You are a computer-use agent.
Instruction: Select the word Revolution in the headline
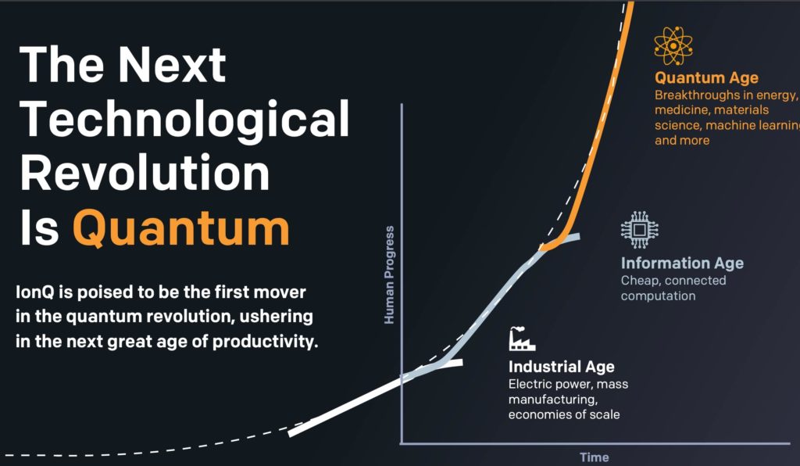pyautogui.click(x=145, y=173)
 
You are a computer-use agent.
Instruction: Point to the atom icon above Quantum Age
pyautogui.click(x=673, y=46)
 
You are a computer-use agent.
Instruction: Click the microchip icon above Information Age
pyautogui.click(x=639, y=229)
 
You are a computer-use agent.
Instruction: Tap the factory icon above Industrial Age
pyautogui.click(x=522, y=339)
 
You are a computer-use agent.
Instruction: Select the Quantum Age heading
pyautogui.click(x=706, y=78)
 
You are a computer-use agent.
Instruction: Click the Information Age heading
pyautogui.click(x=682, y=263)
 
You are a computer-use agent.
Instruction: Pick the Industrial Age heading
pyautogui.click(x=561, y=367)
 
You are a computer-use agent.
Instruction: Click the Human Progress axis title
pyautogui.click(x=389, y=274)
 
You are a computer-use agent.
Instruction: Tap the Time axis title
pyautogui.click(x=595, y=457)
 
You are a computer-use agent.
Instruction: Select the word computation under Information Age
pyautogui.click(x=658, y=296)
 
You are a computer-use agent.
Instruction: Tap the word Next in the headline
pyautogui.click(x=172, y=65)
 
